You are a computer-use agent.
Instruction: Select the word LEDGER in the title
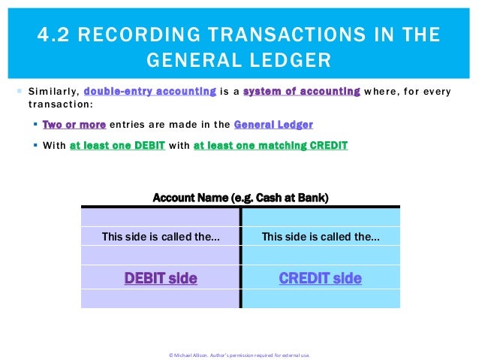point(288,59)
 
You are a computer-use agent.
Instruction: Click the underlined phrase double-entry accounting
point(150,92)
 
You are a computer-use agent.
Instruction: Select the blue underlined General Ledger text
point(273,125)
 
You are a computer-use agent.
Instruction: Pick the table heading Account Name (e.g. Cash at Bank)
point(240,198)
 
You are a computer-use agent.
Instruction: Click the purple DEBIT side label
point(160,279)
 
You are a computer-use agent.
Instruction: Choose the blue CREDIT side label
point(320,279)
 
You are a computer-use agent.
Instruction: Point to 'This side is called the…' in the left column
point(160,237)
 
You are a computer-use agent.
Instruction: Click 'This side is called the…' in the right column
point(320,237)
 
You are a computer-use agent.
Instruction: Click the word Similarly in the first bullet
point(51,92)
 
